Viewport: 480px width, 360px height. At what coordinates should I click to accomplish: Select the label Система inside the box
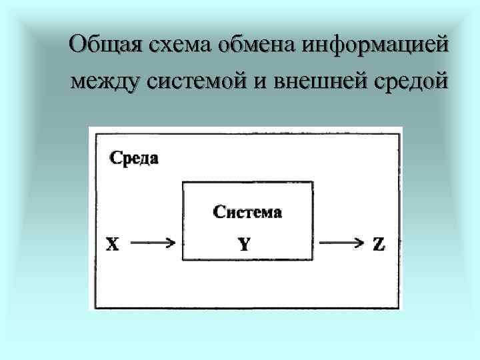coord(247,213)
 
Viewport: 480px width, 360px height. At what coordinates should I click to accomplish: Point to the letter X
coord(113,245)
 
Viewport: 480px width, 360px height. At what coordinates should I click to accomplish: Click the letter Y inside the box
coord(245,245)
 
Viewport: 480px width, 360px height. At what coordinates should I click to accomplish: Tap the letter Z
coord(378,245)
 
